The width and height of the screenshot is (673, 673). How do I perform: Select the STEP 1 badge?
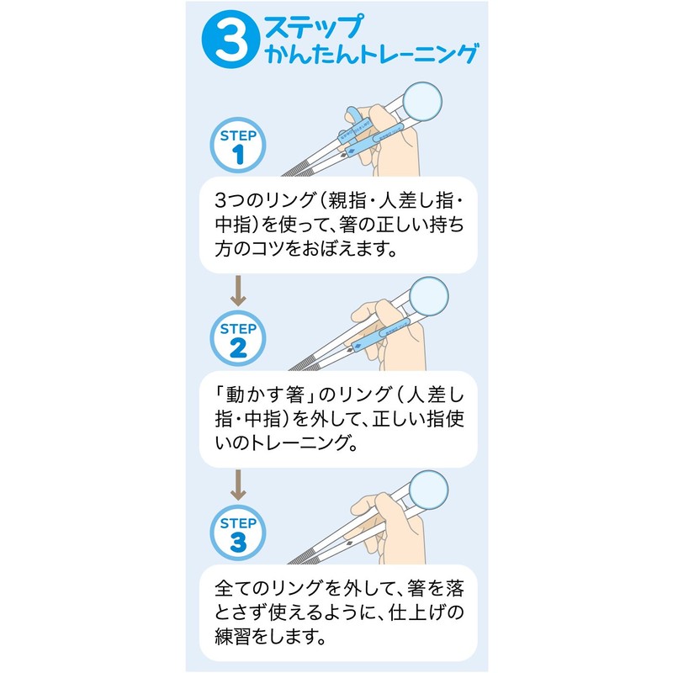click(238, 146)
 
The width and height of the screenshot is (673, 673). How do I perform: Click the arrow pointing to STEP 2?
click(238, 290)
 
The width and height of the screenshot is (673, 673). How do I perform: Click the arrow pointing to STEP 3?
click(238, 485)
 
